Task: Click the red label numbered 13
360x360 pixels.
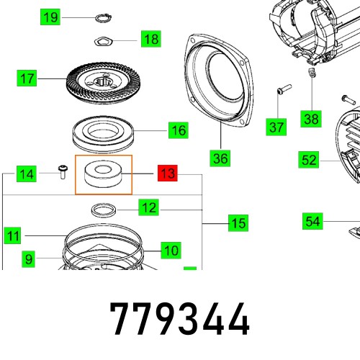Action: (x=167, y=174)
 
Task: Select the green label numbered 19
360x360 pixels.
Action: (x=50, y=17)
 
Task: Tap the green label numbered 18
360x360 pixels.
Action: (x=150, y=39)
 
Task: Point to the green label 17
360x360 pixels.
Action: (x=27, y=78)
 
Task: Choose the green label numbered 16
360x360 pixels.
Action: (x=178, y=130)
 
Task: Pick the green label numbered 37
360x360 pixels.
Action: (x=277, y=127)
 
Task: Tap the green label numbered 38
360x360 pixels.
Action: (x=311, y=119)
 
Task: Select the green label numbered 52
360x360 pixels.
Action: (x=309, y=160)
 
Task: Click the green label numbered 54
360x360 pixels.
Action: (x=312, y=221)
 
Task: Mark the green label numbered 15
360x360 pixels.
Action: (x=238, y=224)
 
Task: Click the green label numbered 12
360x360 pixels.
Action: (x=148, y=209)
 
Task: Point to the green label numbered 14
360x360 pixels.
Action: (x=27, y=174)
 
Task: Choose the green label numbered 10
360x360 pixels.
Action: (x=170, y=251)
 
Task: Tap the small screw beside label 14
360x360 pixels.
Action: (x=63, y=171)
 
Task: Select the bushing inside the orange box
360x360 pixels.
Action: (x=104, y=175)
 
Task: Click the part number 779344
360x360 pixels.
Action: (x=179, y=318)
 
